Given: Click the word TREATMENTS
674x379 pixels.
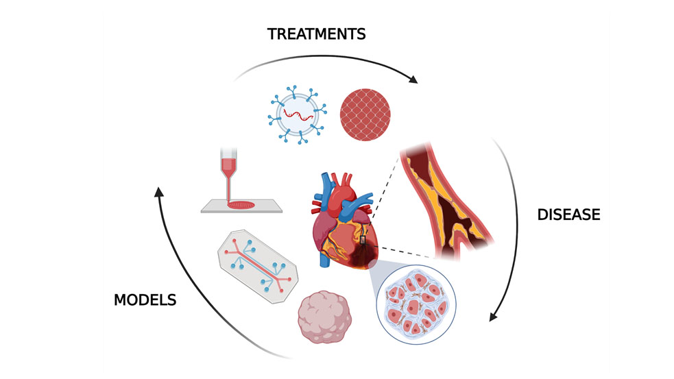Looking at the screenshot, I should pos(316,34).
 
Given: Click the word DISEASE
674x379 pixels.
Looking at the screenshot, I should pos(568,215).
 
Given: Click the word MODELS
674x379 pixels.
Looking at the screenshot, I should pos(145,299).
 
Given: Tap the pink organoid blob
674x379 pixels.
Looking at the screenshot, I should pos(325,317).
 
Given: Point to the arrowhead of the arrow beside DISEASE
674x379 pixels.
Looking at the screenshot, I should pos(492,316).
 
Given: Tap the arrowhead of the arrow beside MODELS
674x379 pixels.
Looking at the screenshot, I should pos(158,193).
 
